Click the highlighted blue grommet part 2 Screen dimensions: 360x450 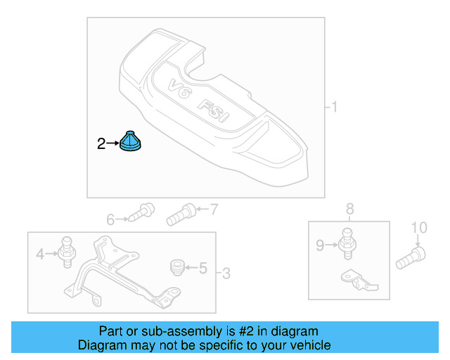coord(131,141)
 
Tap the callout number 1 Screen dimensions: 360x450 coord(335,107)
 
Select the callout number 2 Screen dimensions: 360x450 coord(101,144)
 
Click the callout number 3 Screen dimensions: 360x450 coord(226,272)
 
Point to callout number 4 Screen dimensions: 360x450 coord(40,254)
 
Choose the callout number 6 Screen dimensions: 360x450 coord(110,220)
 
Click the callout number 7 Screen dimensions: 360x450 coord(214,209)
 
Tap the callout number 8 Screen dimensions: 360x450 coord(349,208)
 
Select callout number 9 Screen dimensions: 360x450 coord(320,245)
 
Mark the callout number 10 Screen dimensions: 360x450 coord(419,227)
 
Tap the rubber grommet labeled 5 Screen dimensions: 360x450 coord(178,267)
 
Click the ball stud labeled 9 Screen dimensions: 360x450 coord(345,241)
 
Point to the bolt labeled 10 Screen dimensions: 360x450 coord(411,257)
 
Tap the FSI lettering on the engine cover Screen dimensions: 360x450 coord(214,112)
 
